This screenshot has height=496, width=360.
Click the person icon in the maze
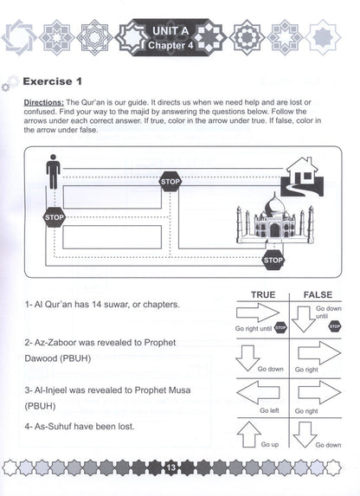(53, 171)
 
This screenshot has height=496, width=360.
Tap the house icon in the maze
(302, 177)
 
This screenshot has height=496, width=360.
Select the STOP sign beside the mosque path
(273, 260)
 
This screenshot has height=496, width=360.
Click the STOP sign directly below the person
(55, 217)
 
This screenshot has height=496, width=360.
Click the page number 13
(170, 467)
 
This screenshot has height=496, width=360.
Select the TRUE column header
(263, 295)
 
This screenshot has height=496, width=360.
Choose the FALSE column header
(318, 295)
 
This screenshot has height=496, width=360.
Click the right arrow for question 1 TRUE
(258, 312)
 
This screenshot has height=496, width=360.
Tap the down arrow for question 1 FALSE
(304, 319)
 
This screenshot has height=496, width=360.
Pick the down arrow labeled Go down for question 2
(247, 358)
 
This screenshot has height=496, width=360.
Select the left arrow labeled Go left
(258, 392)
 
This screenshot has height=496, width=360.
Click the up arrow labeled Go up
(249, 435)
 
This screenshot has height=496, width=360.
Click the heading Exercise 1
(53, 81)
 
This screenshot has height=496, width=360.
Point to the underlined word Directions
(44, 102)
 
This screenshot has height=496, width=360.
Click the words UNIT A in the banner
(170, 31)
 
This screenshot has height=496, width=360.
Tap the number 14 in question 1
(96, 305)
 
